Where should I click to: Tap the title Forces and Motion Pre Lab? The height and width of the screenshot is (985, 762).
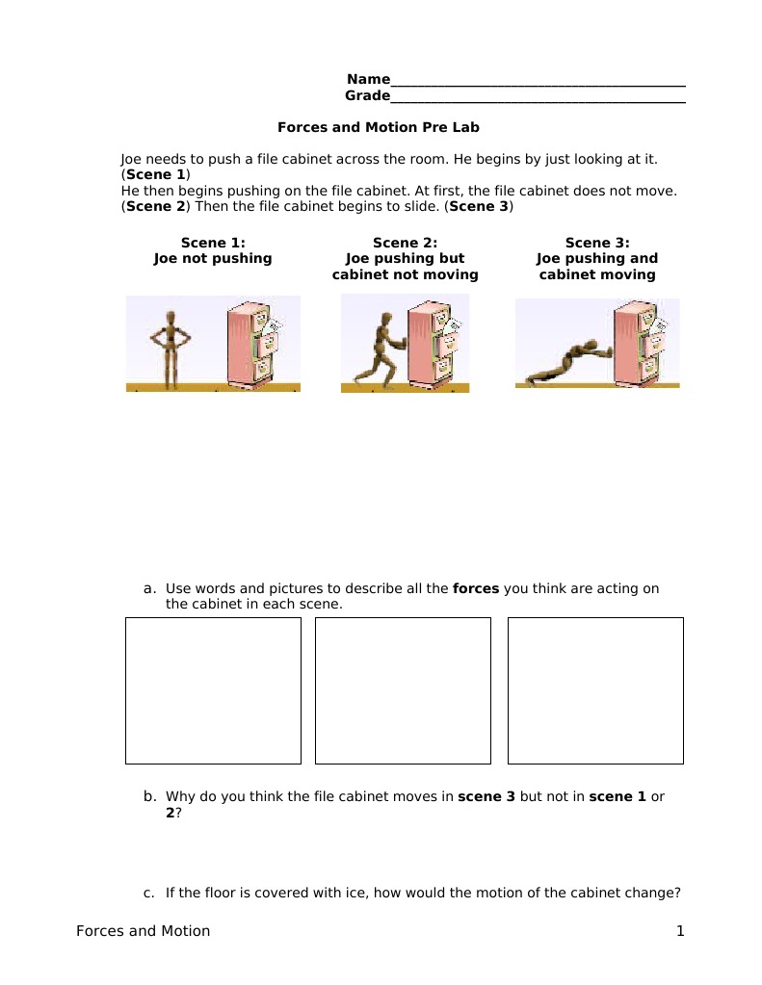pos(378,127)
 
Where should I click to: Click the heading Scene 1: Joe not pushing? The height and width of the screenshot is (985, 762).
pos(213,250)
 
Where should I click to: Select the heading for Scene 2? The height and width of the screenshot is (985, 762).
pos(405,258)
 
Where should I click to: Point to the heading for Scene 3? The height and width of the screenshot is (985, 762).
pos(596,258)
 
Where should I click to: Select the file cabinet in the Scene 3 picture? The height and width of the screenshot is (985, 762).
pos(640,341)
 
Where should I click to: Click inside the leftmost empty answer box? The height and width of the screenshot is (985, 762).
pos(213,690)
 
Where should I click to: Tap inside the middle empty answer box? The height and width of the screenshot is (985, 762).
pos(403,690)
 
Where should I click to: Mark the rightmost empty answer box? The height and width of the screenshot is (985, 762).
pos(595,690)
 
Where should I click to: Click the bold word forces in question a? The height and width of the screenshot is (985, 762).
pos(476,588)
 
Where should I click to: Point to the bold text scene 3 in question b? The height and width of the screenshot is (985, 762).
pos(486,796)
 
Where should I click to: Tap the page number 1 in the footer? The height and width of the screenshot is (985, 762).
pos(679,931)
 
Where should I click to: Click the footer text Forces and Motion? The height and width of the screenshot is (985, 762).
pos(143,931)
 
